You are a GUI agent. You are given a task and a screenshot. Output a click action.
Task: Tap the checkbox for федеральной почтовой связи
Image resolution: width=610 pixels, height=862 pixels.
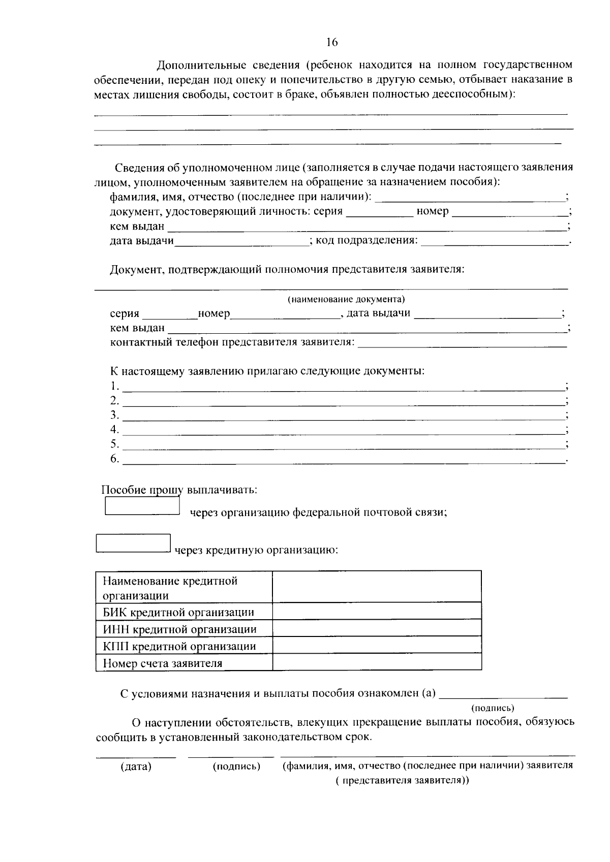pos(142,506)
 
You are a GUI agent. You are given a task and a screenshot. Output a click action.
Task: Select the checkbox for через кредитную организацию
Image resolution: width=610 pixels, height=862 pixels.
pos(133,543)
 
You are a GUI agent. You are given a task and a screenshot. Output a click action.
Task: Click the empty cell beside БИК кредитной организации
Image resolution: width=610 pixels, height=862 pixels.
pos(377,611)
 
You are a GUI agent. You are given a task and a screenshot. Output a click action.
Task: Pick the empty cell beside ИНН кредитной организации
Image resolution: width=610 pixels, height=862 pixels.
pos(377,628)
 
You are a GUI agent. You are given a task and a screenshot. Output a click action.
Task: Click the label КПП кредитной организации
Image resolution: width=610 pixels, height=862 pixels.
pos(179,646)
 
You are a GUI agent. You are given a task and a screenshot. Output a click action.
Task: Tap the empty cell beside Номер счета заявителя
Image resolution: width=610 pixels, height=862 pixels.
pos(377,662)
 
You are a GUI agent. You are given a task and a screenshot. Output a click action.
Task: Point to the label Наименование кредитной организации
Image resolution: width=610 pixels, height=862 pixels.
pos(170,588)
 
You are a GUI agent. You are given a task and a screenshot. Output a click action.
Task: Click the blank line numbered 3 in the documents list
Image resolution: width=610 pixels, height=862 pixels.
pos(344,416)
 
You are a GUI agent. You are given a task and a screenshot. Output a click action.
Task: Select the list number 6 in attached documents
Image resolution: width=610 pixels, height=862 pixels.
pos(114,459)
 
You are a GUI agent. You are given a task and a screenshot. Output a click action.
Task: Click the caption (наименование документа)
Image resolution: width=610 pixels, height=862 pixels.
pos(346,299)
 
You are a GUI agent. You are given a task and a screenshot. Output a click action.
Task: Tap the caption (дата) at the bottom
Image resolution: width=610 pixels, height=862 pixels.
pos(136,767)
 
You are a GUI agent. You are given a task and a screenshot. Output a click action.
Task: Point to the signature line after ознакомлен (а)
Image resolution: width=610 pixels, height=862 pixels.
pos(503,694)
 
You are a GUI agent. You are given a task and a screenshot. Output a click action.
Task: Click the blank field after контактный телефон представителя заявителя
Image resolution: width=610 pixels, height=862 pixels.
pos(462,342)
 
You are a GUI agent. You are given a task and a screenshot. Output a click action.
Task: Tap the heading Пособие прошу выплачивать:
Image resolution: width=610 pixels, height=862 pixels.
pos(179,490)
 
